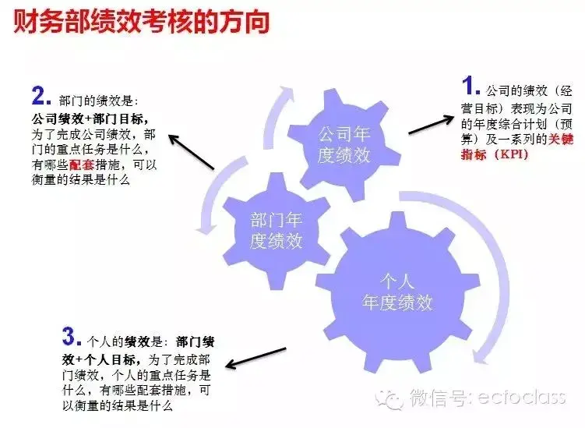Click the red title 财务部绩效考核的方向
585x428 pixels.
coord(142,22)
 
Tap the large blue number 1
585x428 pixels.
coord(468,86)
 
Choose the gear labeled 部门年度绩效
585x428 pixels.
coord(276,231)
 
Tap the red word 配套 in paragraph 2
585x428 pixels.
coord(82,164)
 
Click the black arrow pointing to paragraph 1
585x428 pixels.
coord(432,125)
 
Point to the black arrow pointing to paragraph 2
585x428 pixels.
coord(192,152)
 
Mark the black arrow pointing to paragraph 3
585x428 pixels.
coord(256,358)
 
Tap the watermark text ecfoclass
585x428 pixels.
coord(521,397)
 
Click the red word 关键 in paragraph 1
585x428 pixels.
coord(560,139)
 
